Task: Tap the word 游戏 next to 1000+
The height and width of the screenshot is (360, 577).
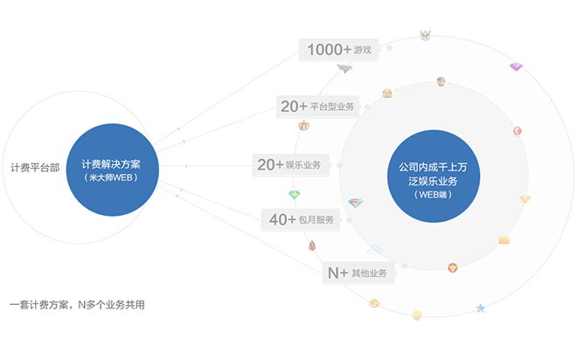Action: pyautogui.click(x=363, y=50)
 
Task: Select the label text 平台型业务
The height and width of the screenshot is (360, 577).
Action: pyautogui.click(x=332, y=107)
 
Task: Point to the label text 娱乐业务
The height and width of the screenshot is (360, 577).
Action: pyautogui.click(x=302, y=165)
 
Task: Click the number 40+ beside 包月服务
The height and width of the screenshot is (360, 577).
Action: pyautogui.click(x=282, y=219)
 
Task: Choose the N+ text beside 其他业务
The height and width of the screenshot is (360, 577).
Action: pyautogui.click(x=337, y=273)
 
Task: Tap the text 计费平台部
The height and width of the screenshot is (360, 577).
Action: pyautogui.click(x=35, y=168)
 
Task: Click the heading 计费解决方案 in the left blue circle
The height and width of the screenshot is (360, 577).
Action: pyautogui.click(x=111, y=164)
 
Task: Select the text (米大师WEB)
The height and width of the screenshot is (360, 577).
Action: pyautogui.click(x=111, y=177)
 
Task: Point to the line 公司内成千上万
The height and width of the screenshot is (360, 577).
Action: pyautogui.click(x=433, y=167)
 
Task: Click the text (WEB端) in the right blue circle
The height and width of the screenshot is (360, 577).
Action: pyautogui.click(x=433, y=195)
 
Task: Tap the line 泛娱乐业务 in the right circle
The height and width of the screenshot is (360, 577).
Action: pyautogui.click(x=433, y=181)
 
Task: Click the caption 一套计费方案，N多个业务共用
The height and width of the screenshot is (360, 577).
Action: pyautogui.click(x=77, y=305)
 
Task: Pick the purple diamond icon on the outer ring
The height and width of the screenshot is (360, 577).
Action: pyautogui.click(x=517, y=66)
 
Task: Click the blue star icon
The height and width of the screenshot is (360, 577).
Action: pyautogui.click(x=481, y=308)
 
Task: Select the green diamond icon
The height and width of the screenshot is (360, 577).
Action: pyautogui.click(x=295, y=195)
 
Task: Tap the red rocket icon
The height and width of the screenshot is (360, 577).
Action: pyautogui.click(x=312, y=246)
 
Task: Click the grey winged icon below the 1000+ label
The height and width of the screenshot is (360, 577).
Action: pyautogui.click(x=344, y=68)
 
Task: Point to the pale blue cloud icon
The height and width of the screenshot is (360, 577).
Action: pyautogui.click(x=374, y=250)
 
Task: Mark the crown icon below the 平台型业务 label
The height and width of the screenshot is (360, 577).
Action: pyautogui.click(x=303, y=126)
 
